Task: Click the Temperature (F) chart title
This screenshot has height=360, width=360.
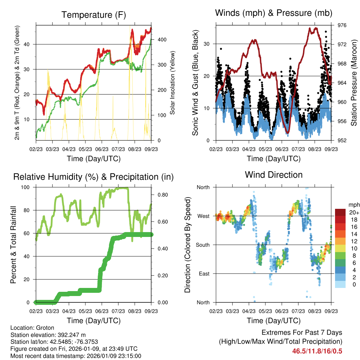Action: point(93,15)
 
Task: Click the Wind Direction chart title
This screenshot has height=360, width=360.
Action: point(274,174)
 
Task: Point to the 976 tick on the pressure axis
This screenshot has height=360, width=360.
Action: point(342,25)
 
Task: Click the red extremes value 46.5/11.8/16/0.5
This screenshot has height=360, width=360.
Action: point(317,351)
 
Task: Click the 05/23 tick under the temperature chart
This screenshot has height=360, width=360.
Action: point(85,149)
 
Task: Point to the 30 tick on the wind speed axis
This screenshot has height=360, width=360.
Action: point(207,44)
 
